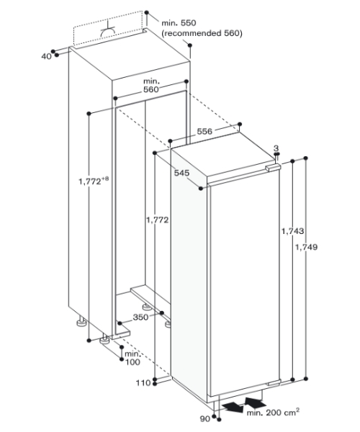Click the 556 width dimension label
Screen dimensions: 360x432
(204, 132)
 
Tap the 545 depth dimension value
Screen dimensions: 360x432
(181, 173)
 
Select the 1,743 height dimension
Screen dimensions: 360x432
(292, 231)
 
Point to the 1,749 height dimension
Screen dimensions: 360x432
(306, 247)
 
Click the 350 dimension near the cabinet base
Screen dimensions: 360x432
(140, 318)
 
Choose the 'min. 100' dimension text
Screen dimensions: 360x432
(132, 358)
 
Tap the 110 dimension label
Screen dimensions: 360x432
(143, 383)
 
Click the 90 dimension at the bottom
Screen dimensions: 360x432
(205, 419)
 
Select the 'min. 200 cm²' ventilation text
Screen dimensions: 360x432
(273, 412)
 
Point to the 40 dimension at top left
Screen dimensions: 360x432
(46, 56)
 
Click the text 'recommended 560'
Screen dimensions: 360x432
(202, 33)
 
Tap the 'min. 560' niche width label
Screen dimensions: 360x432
(151, 86)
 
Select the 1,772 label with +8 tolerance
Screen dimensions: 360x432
(94, 181)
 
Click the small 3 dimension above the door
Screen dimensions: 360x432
(276, 148)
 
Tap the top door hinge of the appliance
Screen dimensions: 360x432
(273, 168)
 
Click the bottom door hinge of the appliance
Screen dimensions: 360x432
(274, 383)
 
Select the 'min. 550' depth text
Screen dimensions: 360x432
(179, 23)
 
